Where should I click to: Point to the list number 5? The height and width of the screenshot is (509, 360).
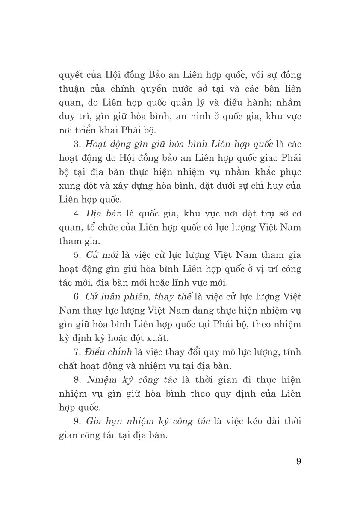pos(77,255)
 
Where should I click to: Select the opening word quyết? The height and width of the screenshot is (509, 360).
pos(71,76)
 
